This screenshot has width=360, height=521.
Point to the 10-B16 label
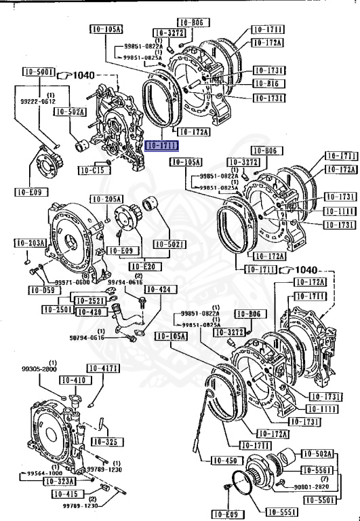[x=269, y=83]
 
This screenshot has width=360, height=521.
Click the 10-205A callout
[x=106, y=199]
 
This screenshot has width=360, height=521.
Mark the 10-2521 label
[x=89, y=300]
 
